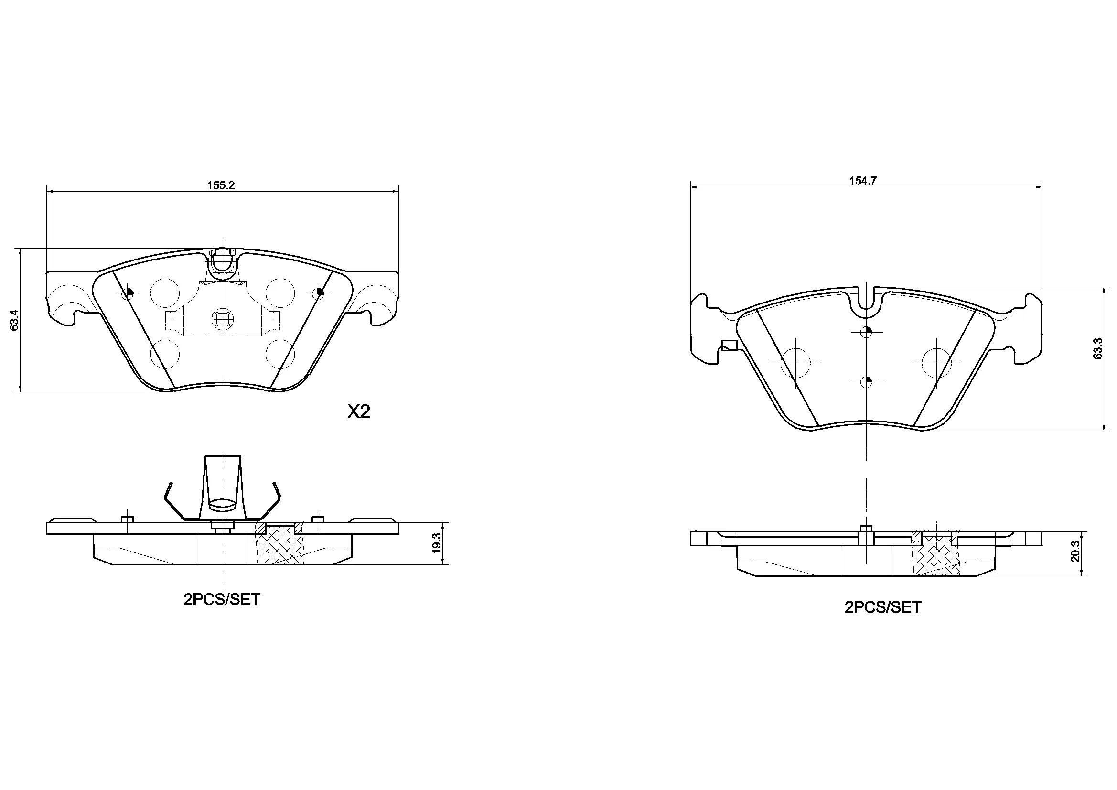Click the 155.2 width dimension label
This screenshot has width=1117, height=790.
click(x=221, y=185)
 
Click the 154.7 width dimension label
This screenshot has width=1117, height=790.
click(x=862, y=181)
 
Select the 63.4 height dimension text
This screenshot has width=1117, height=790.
click(x=14, y=320)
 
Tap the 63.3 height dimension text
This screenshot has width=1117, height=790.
click(x=1097, y=348)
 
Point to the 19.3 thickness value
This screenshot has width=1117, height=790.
click(x=436, y=543)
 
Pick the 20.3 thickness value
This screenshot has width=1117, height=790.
click(x=1075, y=551)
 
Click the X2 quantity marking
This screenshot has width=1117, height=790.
click(x=358, y=412)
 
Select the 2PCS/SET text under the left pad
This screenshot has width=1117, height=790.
click(x=222, y=600)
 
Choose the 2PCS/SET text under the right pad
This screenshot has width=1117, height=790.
click(x=882, y=607)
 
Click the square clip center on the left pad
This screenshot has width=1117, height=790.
click(x=221, y=319)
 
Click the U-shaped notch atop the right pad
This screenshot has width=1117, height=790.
click(x=866, y=300)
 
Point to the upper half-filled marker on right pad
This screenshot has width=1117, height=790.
click(x=866, y=333)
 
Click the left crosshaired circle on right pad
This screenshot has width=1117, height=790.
click(x=795, y=363)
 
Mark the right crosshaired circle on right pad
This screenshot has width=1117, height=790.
click(x=936, y=363)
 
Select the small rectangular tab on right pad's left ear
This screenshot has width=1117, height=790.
click(x=730, y=346)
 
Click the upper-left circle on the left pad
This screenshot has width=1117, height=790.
click(x=165, y=292)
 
